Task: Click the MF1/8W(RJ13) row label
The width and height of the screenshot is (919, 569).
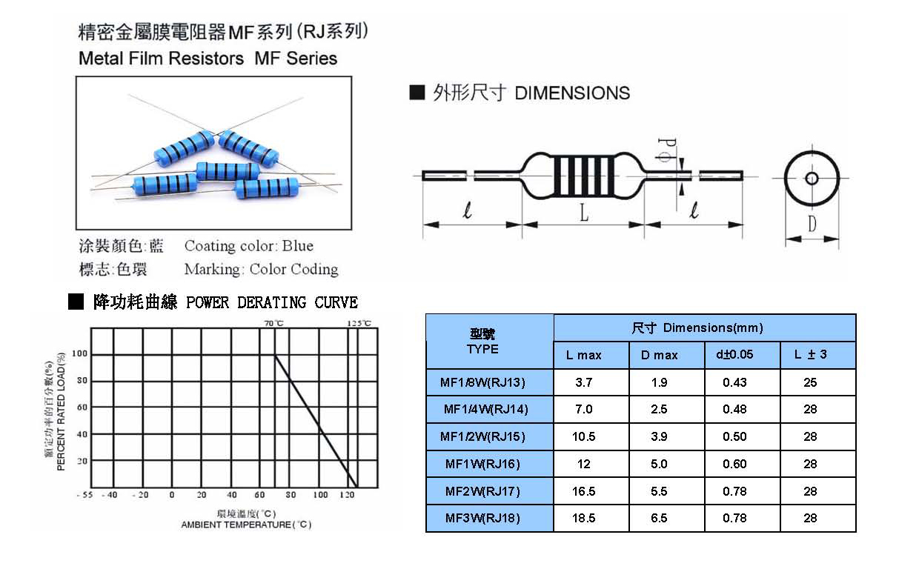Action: pos(482,382)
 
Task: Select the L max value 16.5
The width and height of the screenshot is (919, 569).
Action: pos(583,491)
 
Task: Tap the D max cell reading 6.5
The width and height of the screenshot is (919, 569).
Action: pos(659,518)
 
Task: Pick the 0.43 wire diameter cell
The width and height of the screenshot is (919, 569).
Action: pos(734,382)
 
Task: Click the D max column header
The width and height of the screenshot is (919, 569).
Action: pos(659,355)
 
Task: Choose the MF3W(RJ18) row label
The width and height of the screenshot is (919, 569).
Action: pos(482,518)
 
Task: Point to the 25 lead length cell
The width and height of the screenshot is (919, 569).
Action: pos(810,382)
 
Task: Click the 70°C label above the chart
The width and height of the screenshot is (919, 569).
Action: pos(274,324)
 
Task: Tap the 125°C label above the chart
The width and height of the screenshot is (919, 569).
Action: pos(359,324)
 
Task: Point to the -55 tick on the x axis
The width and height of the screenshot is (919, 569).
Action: pos(84,495)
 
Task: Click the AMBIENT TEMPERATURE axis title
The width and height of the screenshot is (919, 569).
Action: pos(247,525)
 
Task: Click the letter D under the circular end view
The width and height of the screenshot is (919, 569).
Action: pos(812,224)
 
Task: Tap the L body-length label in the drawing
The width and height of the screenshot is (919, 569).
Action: pos(583,214)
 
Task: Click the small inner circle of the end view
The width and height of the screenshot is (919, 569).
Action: pos(812,179)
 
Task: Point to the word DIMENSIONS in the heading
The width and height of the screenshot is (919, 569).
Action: pos(572,93)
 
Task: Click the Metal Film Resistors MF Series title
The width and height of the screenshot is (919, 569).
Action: pos(208,59)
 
